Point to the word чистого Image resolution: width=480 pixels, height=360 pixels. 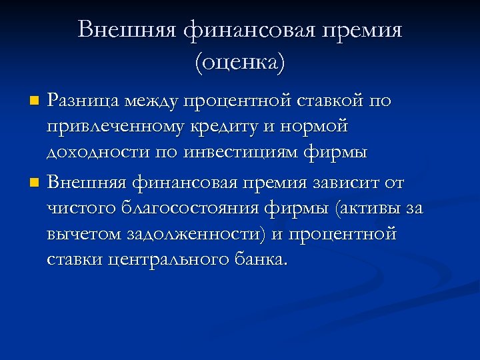point(81,208)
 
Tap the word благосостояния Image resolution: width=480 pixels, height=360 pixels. point(193,208)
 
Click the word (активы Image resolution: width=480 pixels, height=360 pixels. point(367,208)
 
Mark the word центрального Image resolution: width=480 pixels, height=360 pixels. point(175,259)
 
